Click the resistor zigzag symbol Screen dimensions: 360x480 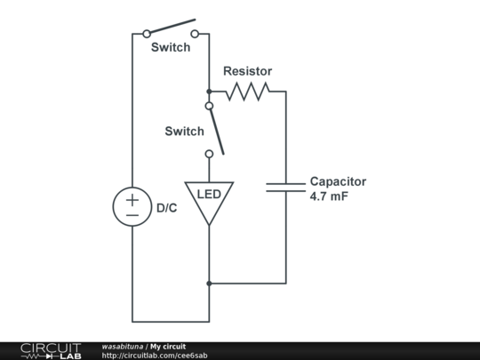click(247, 91)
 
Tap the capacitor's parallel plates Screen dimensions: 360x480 click(285, 187)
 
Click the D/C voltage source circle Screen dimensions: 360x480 click(132, 207)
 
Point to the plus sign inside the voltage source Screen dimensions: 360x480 click(132, 199)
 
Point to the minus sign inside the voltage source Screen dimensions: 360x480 click(132, 216)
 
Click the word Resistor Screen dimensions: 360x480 click(247, 71)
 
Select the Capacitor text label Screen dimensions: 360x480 click(338, 181)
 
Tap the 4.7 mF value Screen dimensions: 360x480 click(329, 196)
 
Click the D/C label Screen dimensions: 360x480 click(167, 209)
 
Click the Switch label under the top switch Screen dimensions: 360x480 click(170, 47)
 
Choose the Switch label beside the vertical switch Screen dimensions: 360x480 click(184, 132)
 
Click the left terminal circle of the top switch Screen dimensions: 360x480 click(147, 34)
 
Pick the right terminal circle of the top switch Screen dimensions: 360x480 click(195, 34)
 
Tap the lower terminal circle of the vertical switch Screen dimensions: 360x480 click(209, 154)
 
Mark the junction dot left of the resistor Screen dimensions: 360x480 click(209, 91)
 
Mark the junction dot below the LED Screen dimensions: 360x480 click(209, 284)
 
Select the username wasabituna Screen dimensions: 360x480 click(123, 346)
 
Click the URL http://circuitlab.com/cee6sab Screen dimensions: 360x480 click(155, 356)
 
